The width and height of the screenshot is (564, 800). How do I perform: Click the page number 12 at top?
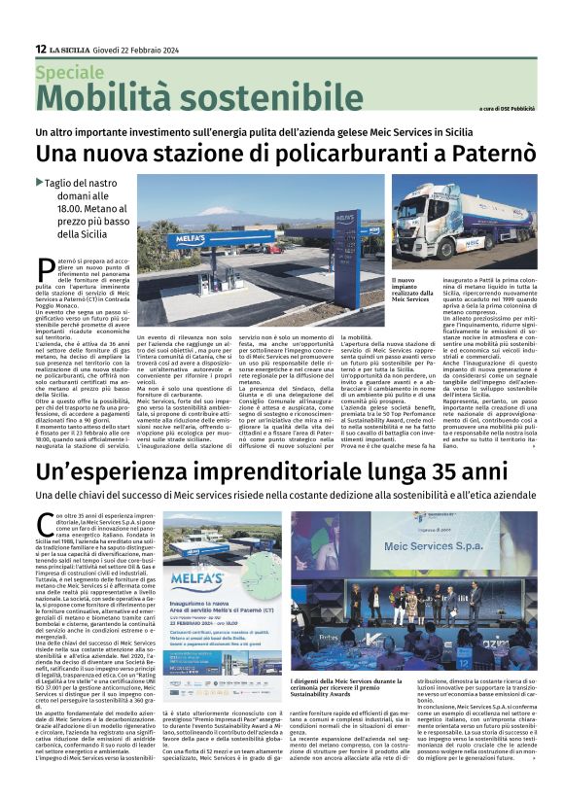coord(40,49)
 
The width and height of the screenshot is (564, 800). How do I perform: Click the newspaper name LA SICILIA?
coord(71,49)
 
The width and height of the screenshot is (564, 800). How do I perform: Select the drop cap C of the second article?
coord(44,524)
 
